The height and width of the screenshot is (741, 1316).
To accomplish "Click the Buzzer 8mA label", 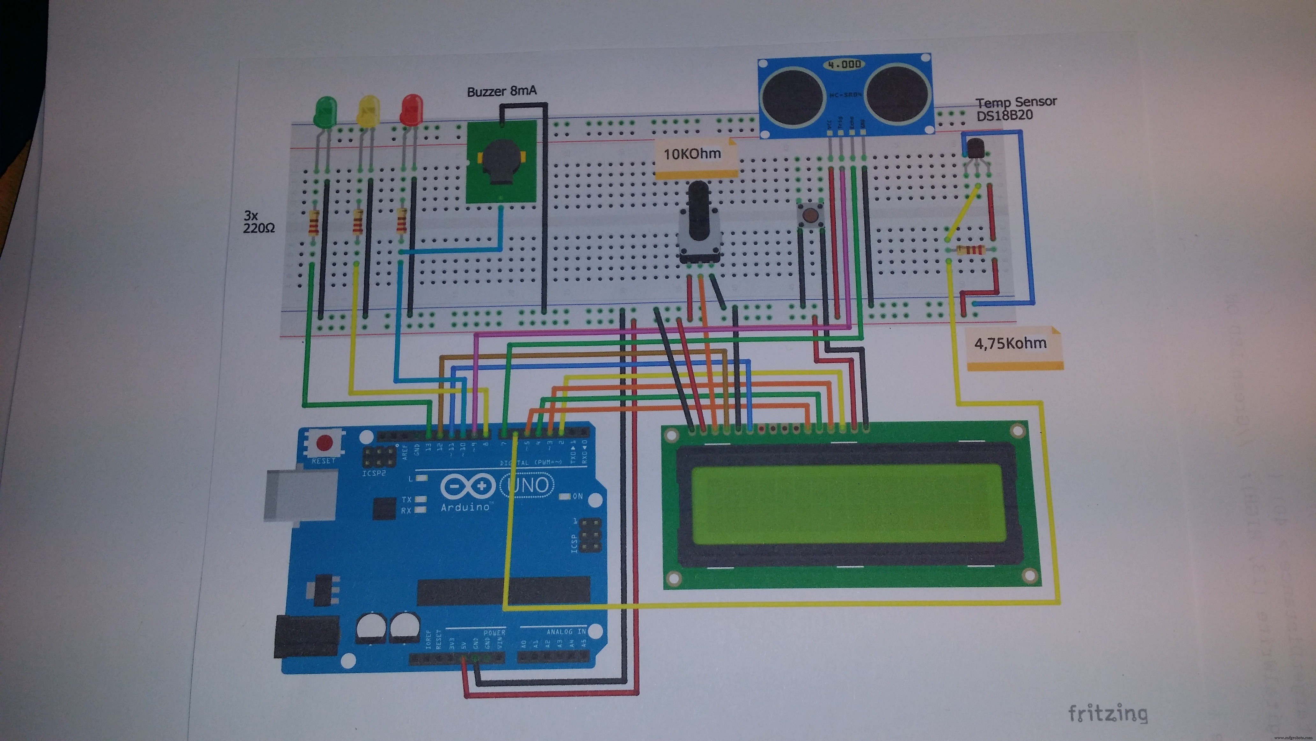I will (502, 92).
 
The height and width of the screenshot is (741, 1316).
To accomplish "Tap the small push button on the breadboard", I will (810, 214).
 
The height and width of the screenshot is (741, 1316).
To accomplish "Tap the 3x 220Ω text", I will (259, 222).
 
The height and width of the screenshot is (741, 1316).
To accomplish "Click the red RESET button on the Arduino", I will (324, 442).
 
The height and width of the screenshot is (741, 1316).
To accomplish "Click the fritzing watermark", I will (1108, 713).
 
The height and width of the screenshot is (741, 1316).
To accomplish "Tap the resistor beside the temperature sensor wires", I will (970, 250).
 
